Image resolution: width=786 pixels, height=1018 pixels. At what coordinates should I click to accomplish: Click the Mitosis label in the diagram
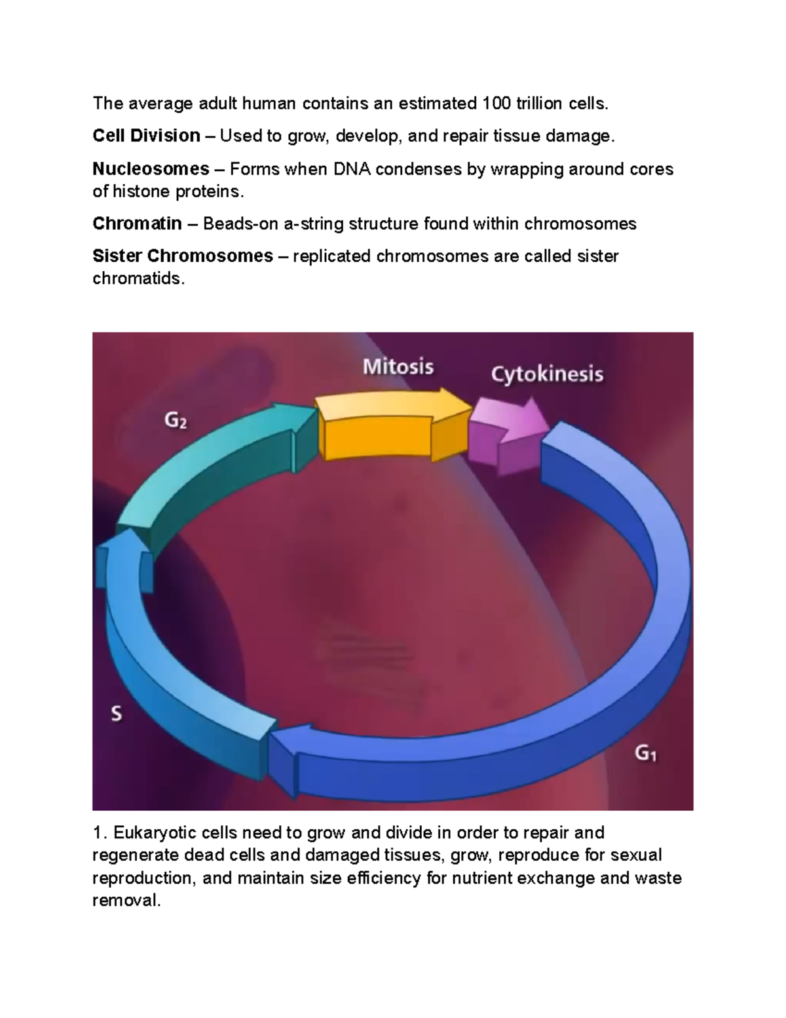[x=398, y=366]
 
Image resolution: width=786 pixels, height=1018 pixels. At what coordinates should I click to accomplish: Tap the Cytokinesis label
[x=547, y=375]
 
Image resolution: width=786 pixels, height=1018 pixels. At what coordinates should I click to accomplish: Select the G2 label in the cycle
[x=176, y=420]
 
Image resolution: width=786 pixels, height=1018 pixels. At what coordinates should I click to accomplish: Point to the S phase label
[x=116, y=714]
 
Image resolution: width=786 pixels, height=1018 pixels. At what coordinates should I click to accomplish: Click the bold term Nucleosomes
[x=151, y=168]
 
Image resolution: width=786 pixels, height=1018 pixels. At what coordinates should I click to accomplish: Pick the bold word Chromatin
[x=137, y=224]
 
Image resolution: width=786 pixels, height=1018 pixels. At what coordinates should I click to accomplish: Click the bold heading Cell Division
[x=147, y=136]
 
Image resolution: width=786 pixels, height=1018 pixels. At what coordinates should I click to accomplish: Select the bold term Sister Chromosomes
[x=183, y=256]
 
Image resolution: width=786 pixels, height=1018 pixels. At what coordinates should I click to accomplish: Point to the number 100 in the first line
[x=496, y=103]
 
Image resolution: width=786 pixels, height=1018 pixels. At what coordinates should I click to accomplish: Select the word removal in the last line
[x=127, y=900]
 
